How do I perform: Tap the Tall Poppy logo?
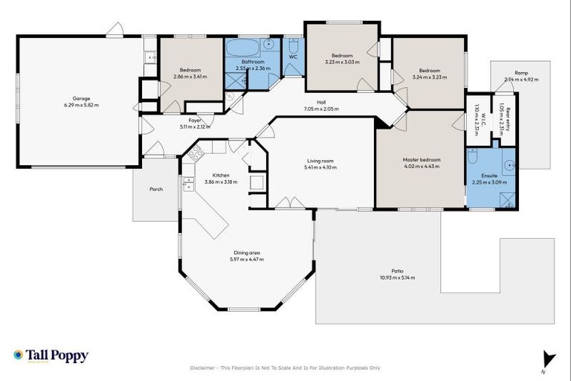click(51, 356)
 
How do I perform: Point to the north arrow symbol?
click(549, 359)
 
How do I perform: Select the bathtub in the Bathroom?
click(242, 50)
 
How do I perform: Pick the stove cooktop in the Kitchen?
click(196, 154)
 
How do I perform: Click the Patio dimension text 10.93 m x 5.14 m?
click(397, 278)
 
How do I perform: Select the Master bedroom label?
click(421, 160)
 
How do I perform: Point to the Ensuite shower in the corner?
click(507, 199)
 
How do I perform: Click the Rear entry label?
click(508, 117)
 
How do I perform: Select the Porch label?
click(155, 189)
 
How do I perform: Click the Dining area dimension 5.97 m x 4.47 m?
click(247, 259)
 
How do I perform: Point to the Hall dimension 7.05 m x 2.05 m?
click(320, 109)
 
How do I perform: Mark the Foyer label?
click(195, 120)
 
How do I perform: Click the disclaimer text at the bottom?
click(285, 368)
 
